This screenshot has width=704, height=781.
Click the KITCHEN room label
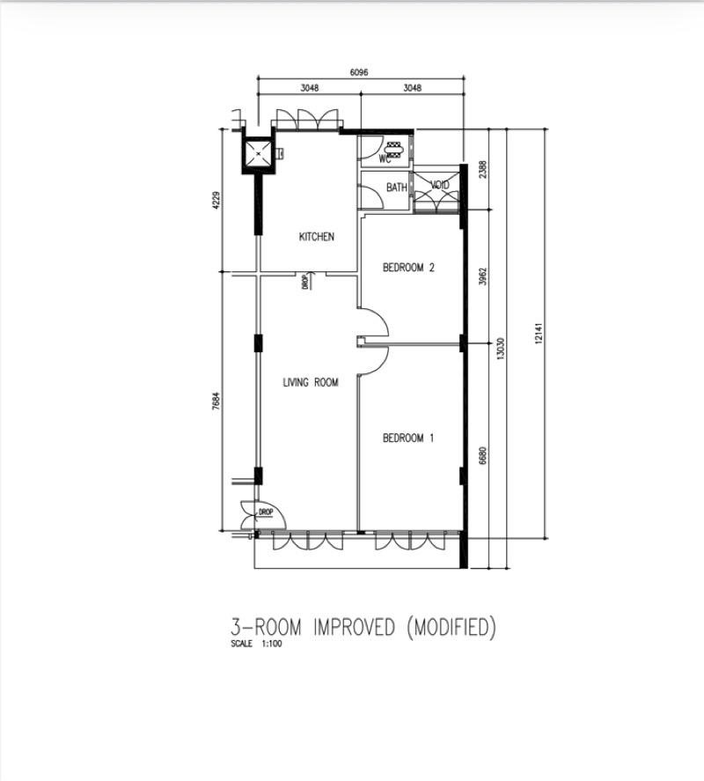(316, 237)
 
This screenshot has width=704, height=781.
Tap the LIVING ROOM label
(311, 382)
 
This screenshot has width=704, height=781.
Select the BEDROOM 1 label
(408, 438)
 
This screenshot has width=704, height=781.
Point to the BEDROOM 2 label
(409, 268)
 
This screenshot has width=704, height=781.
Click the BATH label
(397, 188)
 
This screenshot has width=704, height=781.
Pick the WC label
(385, 159)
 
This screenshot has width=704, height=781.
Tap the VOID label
(439, 186)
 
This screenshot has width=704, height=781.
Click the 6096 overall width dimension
(359, 72)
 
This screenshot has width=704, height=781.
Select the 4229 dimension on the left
(214, 201)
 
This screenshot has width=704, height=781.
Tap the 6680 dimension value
(482, 455)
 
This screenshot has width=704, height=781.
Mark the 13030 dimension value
(499, 350)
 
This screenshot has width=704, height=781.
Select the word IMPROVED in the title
(349, 628)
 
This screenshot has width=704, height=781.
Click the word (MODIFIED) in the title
(451, 628)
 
